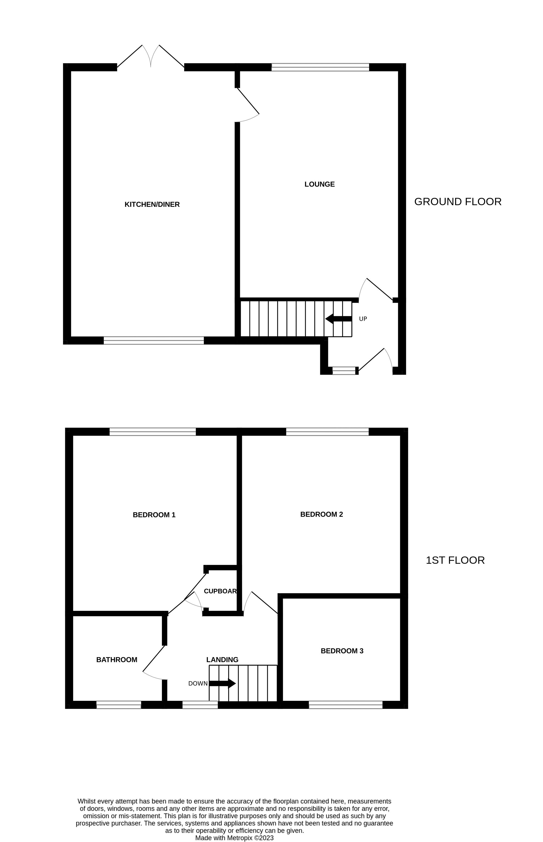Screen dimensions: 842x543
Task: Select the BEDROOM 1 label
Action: [x=154, y=515]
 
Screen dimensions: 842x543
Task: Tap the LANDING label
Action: [x=222, y=660]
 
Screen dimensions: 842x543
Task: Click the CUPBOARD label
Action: [x=220, y=591]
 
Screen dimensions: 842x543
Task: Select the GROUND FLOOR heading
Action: [x=458, y=202]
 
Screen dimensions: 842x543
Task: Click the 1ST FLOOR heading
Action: [x=455, y=560]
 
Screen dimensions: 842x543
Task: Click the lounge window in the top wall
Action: [x=320, y=67]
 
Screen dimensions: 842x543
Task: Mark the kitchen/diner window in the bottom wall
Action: [x=154, y=340]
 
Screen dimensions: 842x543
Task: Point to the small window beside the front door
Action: [x=344, y=370]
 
